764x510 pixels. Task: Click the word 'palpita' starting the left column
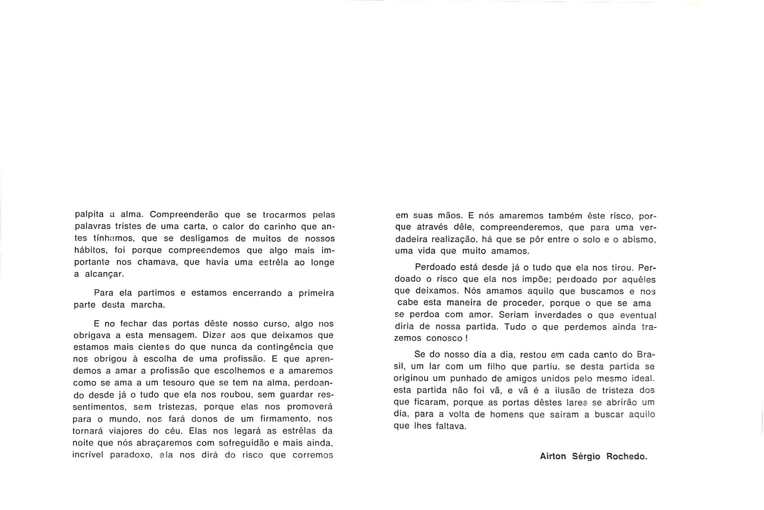(x=89, y=215)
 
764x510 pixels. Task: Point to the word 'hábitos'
(x=90, y=250)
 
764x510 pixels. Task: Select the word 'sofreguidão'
(x=238, y=443)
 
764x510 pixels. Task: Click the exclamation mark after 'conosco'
(x=466, y=338)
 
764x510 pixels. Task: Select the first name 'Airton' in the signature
(x=553, y=456)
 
